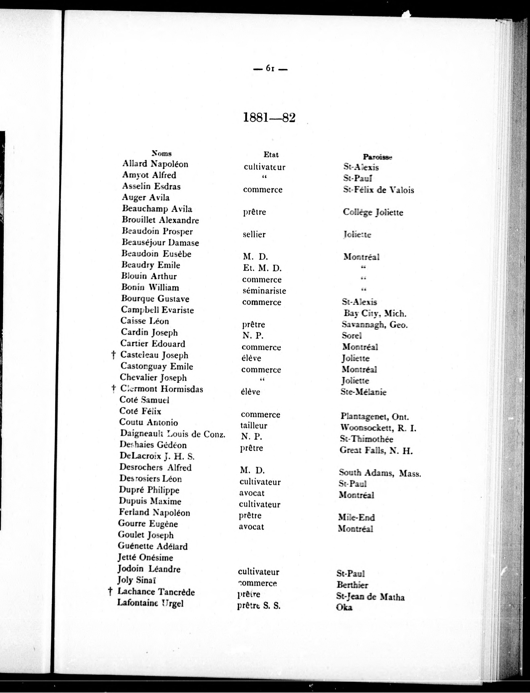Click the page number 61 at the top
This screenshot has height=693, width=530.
coord(270,68)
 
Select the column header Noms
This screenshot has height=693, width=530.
coord(161,154)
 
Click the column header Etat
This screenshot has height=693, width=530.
coord(271,155)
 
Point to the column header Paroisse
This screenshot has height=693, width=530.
coord(377,157)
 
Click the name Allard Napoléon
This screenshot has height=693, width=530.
coord(155,164)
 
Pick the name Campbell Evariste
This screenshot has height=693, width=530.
coord(157,310)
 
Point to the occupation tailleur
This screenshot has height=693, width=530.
coord(254,426)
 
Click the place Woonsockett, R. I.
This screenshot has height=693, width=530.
coord(378,428)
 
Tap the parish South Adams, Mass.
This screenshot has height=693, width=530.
coord(380,473)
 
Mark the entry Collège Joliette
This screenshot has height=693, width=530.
coord(373,212)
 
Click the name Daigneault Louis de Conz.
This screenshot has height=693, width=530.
coord(173,434)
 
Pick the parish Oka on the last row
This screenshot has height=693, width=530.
coord(344,607)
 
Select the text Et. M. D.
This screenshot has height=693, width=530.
coord(262,268)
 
